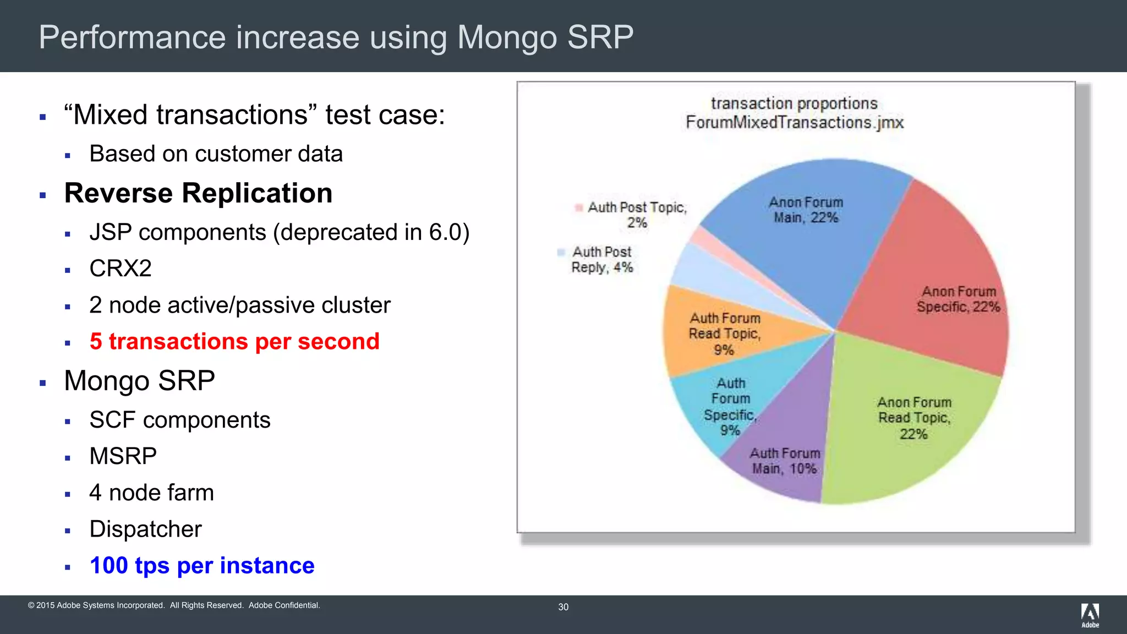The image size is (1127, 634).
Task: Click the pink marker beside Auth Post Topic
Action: click(x=578, y=207)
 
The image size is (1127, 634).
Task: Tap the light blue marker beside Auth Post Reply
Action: click(x=561, y=252)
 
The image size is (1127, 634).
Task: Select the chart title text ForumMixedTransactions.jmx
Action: click(x=794, y=122)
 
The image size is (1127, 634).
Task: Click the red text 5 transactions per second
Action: click(x=234, y=342)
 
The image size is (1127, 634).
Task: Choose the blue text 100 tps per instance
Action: click(x=202, y=566)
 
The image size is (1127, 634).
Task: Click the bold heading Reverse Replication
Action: click(x=198, y=193)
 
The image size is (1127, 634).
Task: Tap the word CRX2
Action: click(x=121, y=269)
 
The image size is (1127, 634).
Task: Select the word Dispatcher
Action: click(x=145, y=529)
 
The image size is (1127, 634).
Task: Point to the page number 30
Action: click(x=563, y=607)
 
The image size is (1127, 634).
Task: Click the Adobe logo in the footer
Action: click(x=1090, y=614)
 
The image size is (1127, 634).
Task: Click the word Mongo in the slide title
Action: click(x=507, y=37)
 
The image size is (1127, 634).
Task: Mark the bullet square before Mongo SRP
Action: click(x=43, y=383)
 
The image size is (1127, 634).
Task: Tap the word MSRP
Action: click(x=123, y=456)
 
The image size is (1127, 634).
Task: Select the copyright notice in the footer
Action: click(x=174, y=605)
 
